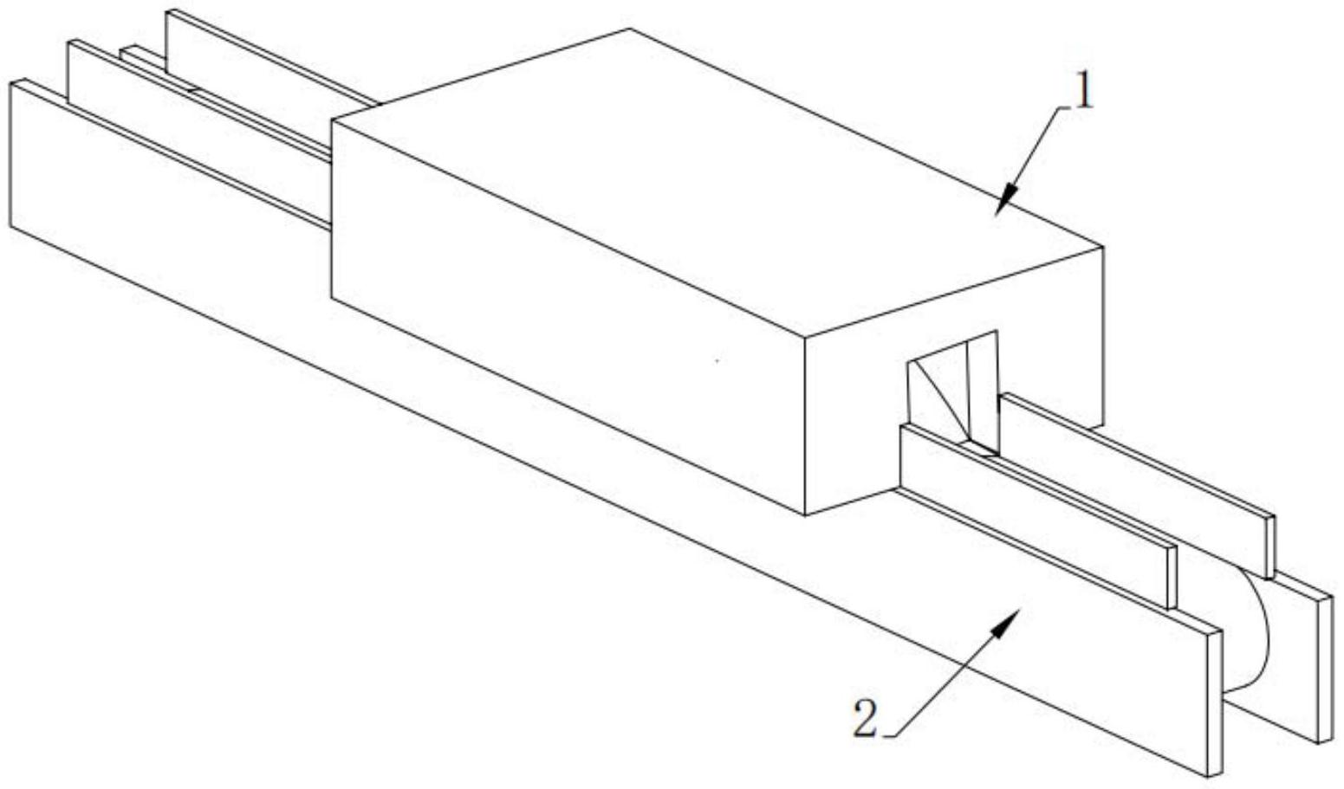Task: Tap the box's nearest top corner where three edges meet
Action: [806, 337]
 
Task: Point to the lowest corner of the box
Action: [806, 515]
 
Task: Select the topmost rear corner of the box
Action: [630, 29]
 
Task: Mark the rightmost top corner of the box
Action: [1102, 247]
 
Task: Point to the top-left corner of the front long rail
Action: [12, 81]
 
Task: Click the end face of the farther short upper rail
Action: [1270, 546]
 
